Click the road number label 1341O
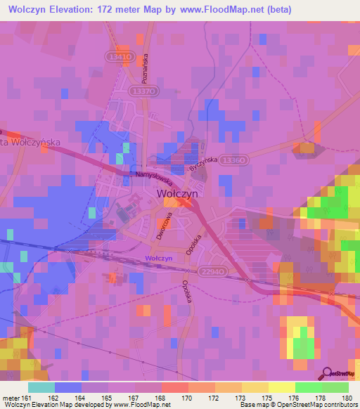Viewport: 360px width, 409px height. click(x=121, y=56)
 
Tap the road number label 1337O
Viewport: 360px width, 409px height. click(x=143, y=91)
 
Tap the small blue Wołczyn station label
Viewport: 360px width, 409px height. click(x=159, y=258)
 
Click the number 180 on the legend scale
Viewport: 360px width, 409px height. click(x=346, y=397)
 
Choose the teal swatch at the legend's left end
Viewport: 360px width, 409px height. click(x=41, y=387)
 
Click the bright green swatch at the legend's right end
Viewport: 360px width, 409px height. click(x=335, y=387)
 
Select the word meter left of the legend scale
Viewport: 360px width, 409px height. click(x=9, y=397)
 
